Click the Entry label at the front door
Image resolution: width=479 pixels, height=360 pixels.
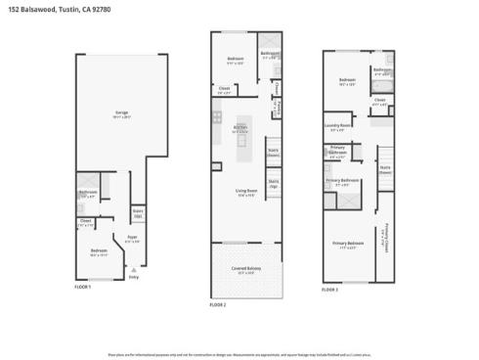(x=133, y=277)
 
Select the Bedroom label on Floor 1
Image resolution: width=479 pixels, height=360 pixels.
(x=99, y=251)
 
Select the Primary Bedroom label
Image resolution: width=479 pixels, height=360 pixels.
(x=347, y=244)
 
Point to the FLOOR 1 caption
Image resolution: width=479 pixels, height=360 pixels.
(x=83, y=287)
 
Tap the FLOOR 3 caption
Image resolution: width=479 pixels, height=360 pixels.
(x=330, y=291)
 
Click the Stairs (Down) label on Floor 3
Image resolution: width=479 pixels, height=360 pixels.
(x=384, y=168)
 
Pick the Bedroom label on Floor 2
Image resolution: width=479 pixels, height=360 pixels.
(x=236, y=59)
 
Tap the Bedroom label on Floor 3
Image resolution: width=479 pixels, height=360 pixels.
(x=347, y=80)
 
